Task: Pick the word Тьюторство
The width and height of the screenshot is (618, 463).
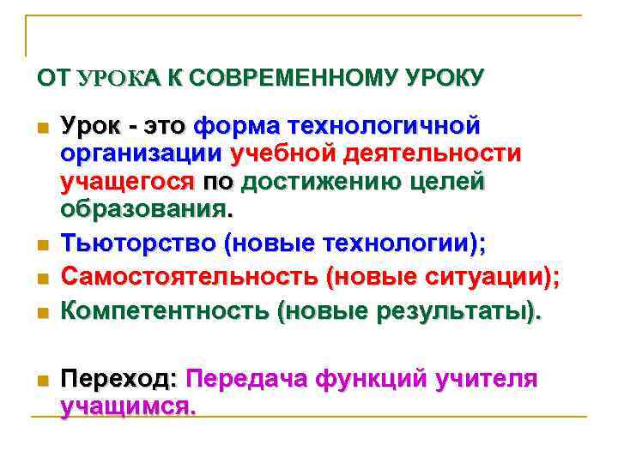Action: point(137,244)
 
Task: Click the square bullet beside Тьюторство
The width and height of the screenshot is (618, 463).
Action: point(40,246)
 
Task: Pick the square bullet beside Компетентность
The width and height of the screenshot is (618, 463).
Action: point(40,313)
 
